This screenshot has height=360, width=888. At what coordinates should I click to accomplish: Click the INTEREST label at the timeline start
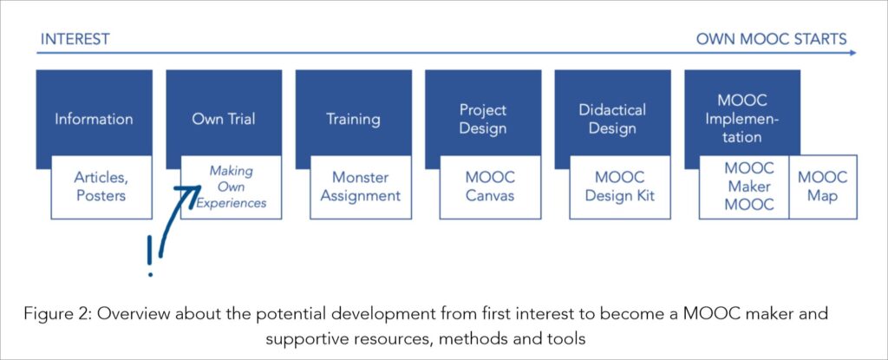pos(75,39)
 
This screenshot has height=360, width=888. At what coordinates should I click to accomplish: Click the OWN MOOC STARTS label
pos(771,39)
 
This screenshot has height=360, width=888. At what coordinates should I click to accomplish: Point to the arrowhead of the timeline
pos(853,53)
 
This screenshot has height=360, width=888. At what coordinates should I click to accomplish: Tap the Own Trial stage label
pos(223,119)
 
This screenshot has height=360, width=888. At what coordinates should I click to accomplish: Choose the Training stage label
pos(353,119)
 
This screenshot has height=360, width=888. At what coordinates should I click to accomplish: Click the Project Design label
pos(482,119)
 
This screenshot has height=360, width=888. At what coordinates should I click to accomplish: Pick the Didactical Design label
pos(612,119)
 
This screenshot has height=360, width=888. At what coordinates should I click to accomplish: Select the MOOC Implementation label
pos(742,119)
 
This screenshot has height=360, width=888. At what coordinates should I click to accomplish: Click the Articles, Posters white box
pos(101,187)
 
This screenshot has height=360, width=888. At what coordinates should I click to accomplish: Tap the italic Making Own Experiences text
pos(231,187)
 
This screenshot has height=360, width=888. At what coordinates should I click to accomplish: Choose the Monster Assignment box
pos(361,187)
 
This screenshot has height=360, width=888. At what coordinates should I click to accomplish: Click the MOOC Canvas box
pos(491,187)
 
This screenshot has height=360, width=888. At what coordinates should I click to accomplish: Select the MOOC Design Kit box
pos(620,187)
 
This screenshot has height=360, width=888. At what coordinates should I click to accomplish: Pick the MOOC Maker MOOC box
pos(744,187)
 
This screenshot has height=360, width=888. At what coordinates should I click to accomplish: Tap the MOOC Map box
pos(823,187)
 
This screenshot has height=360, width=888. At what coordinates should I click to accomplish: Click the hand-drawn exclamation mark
pos(150,256)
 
